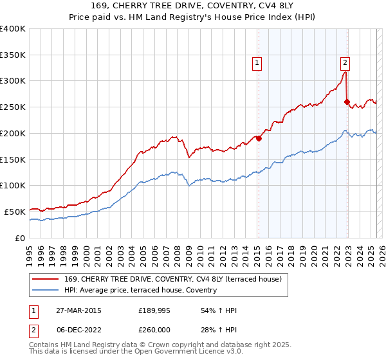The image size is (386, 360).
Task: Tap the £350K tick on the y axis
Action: point(13,55)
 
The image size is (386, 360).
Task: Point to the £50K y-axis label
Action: point(15,212)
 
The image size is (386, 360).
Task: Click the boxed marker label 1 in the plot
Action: point(257,62)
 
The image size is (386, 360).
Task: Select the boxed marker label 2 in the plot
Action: point(345,62)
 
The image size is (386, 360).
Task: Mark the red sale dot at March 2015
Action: point(259,138)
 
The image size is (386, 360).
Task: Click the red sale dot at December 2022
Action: point(347,102)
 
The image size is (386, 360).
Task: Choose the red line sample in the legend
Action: point(46,279)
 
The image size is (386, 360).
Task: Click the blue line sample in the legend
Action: point(46,290)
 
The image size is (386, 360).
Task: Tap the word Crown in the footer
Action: point(169,345)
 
